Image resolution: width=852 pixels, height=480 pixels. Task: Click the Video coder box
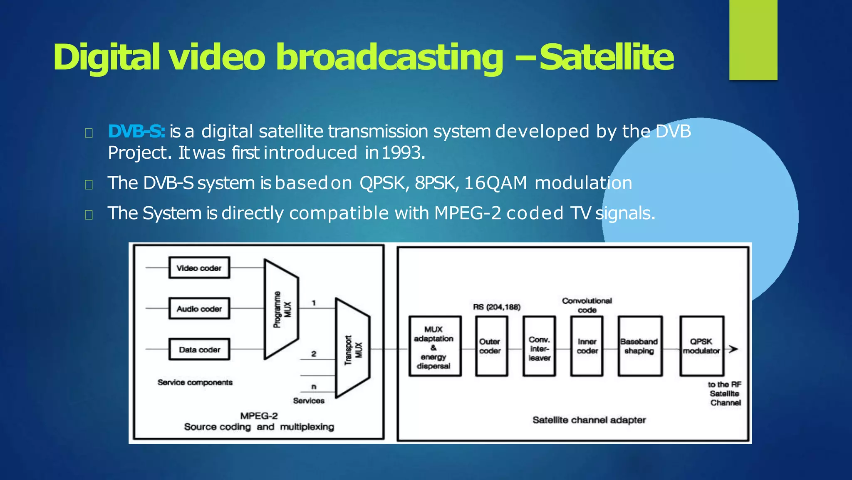point(199,268)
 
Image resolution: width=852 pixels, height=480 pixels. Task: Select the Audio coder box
point(199,309)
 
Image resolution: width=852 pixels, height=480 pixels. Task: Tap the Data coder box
point(199,350)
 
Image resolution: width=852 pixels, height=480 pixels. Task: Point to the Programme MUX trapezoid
point(281,309)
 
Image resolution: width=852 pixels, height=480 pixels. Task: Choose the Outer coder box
point(491,347)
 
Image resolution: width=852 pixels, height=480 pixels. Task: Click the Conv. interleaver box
point(539,347)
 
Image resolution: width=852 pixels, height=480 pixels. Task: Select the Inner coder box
point(587,347)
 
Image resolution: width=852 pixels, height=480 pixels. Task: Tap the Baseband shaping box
point(639,347)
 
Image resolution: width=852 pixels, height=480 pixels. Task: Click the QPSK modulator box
point(701,347)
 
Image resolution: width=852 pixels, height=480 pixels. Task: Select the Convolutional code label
point(587,305)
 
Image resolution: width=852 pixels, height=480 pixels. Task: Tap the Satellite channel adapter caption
point(589,420)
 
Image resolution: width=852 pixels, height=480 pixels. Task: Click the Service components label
point(195,382)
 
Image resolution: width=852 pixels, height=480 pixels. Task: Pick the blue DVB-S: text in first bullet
point(136,132)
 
